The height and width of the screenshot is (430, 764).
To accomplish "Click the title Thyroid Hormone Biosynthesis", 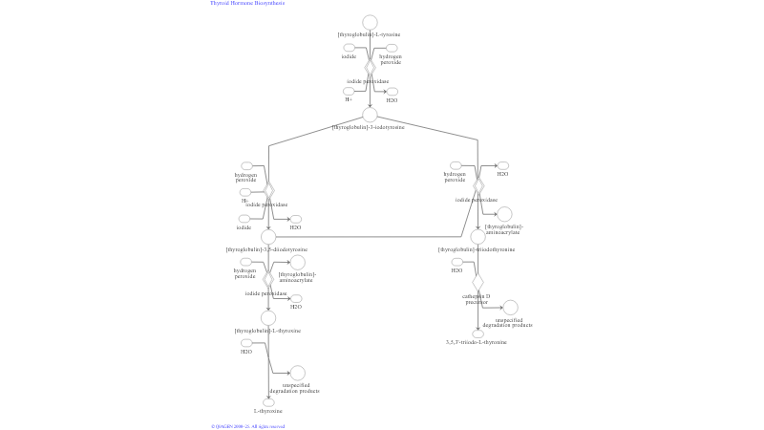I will click(247, 3).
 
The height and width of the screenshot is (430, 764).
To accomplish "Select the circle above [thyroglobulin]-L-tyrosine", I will click(370, 22).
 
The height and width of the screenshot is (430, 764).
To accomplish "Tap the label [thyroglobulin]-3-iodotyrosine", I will click(368, 127).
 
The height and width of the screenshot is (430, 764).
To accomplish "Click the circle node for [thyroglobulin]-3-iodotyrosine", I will click(370, 115).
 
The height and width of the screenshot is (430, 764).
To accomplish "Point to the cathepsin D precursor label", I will click(477, 298).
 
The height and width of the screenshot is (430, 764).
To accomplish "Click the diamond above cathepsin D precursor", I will click(477, 282).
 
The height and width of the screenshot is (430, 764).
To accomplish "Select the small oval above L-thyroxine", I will click(268, 402).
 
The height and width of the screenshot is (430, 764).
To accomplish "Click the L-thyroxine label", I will click(267, 411).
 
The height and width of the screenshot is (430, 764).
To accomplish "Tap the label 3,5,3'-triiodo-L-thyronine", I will click(477, 342).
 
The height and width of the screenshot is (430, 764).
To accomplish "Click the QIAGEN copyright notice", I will click(247, 426).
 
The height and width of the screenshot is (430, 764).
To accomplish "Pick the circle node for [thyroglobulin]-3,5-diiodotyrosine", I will click(268, 236).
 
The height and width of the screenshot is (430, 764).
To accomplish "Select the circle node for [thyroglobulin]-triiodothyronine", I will click(477, 236).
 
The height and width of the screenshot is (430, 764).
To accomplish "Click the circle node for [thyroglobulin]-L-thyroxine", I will click(268, 318).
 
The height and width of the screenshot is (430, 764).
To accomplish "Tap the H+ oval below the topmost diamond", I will click(349, 91).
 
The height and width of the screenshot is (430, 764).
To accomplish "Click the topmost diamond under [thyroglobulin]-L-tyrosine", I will click(370, 67).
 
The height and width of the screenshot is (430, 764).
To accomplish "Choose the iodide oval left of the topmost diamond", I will click(349, 48).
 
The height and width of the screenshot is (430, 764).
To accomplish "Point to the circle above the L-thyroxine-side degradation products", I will click(297, 373).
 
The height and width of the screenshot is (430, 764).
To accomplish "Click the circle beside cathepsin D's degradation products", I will click(510, 308).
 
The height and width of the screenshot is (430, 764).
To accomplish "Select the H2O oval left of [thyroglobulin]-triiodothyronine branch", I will click(456, 262).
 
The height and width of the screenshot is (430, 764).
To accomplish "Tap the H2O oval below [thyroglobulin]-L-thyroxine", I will click(246, 343).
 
